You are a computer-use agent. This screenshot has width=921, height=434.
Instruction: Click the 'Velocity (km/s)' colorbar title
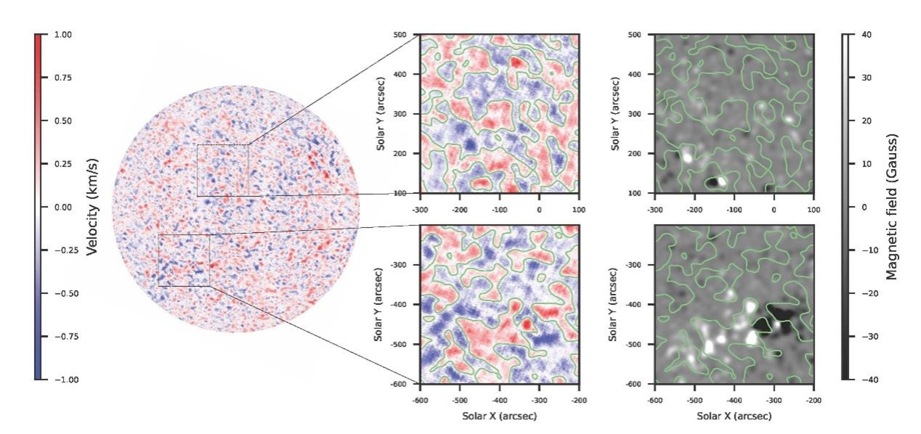click(x=92, y=207)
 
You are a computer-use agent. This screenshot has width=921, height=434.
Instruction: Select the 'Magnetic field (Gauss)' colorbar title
click(x=894, y=207)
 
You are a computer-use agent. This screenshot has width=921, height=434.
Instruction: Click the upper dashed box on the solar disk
click(x=222, y=170)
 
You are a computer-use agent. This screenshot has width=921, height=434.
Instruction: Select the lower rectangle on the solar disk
click(x=184, y=260)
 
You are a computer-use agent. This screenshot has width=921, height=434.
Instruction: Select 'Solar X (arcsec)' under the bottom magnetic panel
click(x=734, y=417)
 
